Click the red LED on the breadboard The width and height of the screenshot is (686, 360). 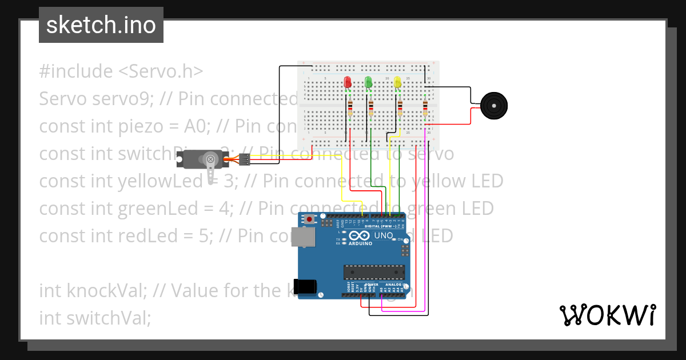[x=347, y=83]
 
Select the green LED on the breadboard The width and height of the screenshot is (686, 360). [x=368, y=83]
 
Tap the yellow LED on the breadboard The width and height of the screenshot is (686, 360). [x=397, y=83]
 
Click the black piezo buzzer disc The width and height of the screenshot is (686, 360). [x=493, y=106]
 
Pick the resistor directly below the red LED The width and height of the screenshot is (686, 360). [x=350, y=108]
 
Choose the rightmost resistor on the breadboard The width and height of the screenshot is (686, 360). [x=425, y=108]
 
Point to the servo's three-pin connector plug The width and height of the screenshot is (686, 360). [x=245, y=159]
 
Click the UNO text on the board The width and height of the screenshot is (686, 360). [x=383, y=235]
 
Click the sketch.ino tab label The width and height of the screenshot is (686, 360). [x=101, y=25]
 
